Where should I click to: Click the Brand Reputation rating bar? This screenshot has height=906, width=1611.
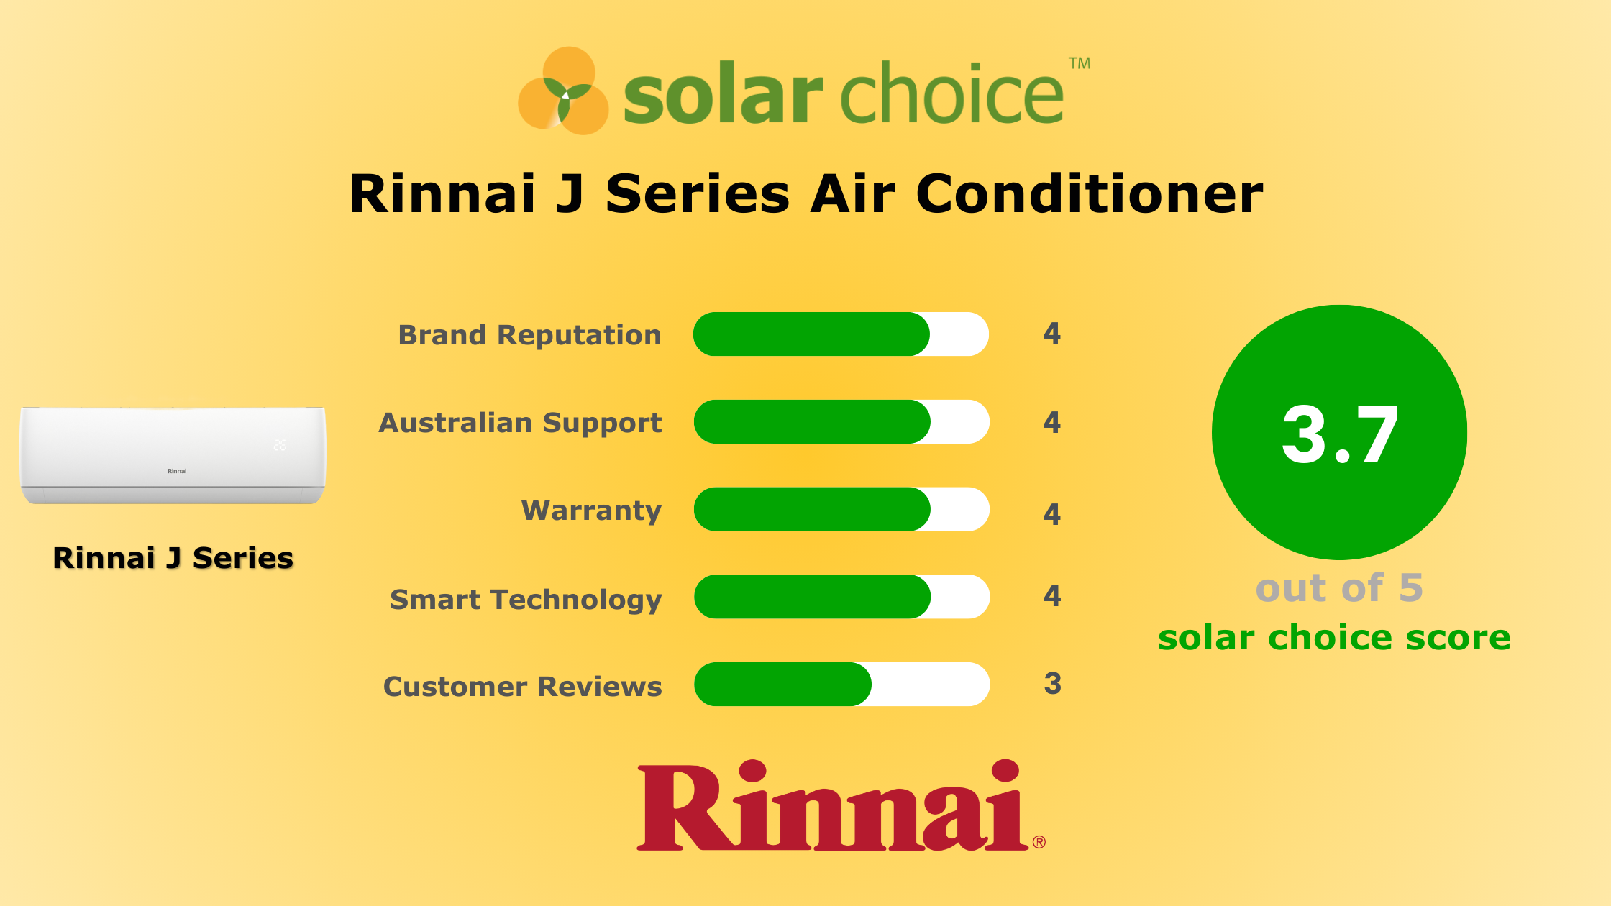click(x=841, y=334)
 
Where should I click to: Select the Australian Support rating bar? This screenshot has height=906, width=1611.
click(x=841, y=422)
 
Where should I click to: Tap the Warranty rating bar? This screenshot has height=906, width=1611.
click(x=841, y=510)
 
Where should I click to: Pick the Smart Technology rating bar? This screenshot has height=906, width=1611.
click(x=841, y=597)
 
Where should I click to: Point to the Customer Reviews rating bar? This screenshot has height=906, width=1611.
click(x=841, y=685)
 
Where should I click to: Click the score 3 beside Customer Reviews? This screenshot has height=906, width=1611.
click(x=1052, y=684)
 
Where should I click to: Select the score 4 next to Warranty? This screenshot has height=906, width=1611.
click(x=1052, y=514)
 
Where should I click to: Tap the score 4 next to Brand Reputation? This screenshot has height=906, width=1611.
click(x=1052, y=334)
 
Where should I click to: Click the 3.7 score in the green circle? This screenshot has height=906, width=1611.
click(x=1340, y=435)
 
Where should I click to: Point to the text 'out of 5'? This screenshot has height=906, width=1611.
click(x=1339, y=588)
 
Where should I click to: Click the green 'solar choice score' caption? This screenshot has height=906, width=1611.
click(x=1334, y=638)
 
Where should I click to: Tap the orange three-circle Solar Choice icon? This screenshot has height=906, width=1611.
click(x=564, y=91)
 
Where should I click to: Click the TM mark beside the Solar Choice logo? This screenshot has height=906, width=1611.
click(x=1080, y=63)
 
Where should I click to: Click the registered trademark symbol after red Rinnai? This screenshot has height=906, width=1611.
click(x=1039, y=842)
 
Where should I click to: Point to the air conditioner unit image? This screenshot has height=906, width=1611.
click(x=173, y=455)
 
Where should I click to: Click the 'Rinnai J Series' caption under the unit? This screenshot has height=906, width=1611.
click(x=173, y=558)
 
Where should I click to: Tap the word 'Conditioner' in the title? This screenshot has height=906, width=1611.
click(x=1090, y=194)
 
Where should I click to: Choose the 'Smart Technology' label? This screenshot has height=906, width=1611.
click(x=526, y=600)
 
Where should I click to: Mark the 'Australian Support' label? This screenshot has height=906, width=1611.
click(x=520, y=423)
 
